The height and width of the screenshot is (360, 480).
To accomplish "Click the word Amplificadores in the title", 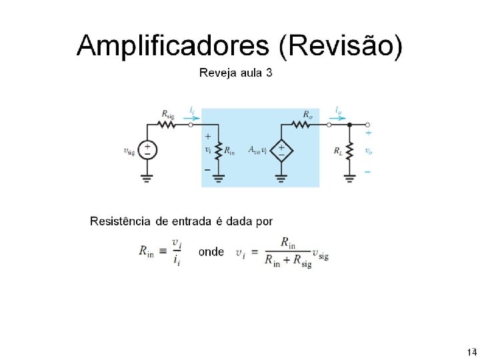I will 173,47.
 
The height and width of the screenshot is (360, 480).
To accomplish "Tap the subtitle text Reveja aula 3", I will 236,73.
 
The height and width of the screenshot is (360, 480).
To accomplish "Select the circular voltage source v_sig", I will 147,150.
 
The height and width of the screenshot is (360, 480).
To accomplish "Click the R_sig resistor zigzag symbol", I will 166,124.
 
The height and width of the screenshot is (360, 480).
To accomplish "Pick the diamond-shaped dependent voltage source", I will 281,150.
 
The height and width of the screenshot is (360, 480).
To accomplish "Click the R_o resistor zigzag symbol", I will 306,124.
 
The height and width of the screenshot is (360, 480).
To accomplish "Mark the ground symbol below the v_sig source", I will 147,177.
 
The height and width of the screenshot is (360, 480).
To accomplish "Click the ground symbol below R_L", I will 349,177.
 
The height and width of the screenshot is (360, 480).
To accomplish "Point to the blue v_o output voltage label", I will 368,151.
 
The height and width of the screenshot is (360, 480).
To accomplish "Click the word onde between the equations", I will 211,252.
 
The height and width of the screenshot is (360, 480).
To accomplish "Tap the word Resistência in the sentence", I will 121,221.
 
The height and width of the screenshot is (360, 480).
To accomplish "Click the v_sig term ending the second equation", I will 320,255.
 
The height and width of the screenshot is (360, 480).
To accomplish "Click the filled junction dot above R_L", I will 349,124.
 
